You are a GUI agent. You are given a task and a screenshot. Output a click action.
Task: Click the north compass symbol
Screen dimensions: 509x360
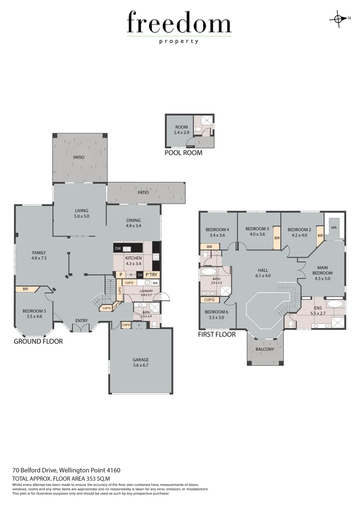click(338, 18)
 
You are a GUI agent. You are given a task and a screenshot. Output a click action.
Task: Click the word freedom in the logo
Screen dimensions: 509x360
click(179, 23)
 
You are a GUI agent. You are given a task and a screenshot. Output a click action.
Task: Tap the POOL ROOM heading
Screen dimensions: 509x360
click(183, 153)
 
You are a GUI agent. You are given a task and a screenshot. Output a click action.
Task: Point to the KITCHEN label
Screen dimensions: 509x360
click(133, 258)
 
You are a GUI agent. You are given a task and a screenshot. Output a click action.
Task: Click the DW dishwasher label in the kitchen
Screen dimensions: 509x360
click(118, 248)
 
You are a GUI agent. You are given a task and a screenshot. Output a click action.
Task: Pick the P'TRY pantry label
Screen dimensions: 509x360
click(151, 275)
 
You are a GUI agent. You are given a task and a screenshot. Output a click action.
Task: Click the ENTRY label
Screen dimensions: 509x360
click(82, 321)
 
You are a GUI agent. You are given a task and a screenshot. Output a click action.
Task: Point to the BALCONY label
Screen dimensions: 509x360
click(264, 349)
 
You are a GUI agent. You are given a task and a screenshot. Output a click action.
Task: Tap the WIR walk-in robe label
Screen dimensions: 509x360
click(334, 227)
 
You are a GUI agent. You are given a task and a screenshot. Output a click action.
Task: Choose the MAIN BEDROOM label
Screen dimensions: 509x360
click(323, 270)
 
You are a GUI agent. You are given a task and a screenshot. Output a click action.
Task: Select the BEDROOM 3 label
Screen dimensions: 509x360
click(257, 229)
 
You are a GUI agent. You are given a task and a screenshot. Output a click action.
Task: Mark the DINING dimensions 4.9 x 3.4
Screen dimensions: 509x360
click(133, 226)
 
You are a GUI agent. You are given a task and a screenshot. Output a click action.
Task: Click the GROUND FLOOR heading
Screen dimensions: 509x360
click(38, 341)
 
